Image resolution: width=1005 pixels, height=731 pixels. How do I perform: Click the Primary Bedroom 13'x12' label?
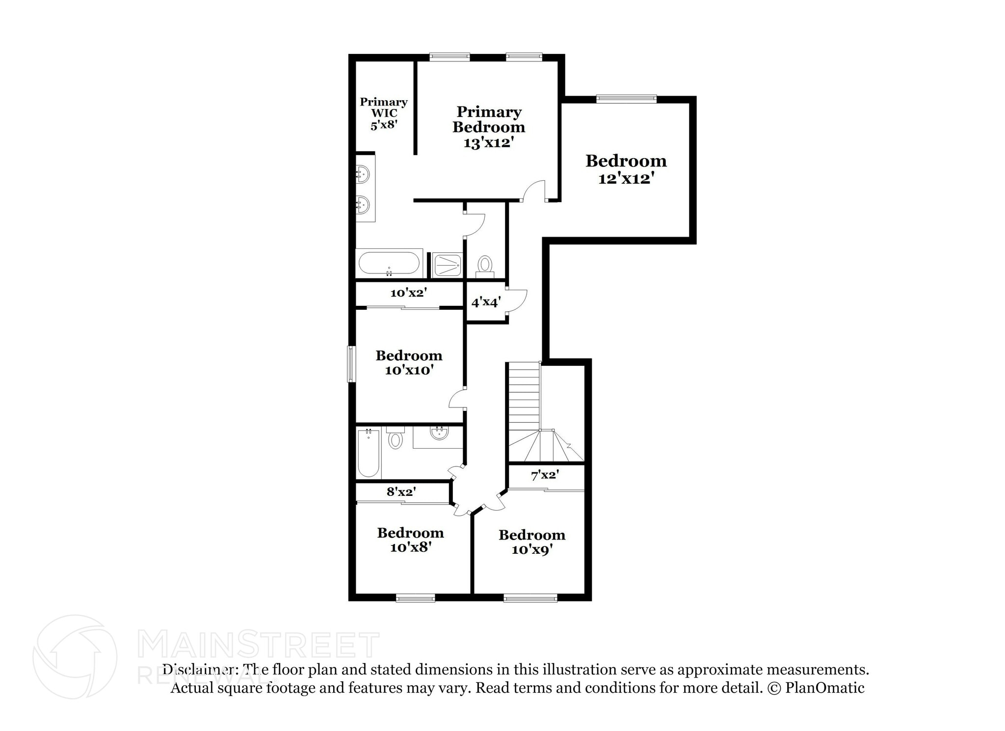(x=489, y=127)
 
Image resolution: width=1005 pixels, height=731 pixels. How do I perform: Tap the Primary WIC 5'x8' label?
(x=384, y=113)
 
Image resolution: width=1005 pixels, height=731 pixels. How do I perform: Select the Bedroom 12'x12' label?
(x=626, y=169)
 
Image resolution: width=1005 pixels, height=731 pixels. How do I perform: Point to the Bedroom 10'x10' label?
(x=409, y=362)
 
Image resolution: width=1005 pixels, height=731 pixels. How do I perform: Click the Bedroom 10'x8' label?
(x=411, y=540)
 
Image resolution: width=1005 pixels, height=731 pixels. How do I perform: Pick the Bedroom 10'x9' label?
(x=532, y=542)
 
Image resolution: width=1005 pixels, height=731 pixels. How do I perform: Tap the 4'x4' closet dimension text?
(x=486, y=302)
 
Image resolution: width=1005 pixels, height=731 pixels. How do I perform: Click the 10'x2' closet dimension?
(x=409, y=293)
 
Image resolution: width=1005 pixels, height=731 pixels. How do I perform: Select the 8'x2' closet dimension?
(x=401, y=491)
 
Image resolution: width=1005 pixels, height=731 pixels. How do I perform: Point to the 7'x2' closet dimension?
(x=545, y=475)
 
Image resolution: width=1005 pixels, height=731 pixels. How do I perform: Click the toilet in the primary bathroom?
(x=485, y=266)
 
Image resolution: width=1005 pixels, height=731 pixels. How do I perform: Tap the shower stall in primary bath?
(x=447, y=265)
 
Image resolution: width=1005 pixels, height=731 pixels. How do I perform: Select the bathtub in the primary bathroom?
(x=389, y=264)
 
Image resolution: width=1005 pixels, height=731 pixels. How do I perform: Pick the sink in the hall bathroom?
(x=439, y=433)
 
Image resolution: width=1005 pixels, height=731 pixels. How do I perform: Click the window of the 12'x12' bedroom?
(x=626, y=99)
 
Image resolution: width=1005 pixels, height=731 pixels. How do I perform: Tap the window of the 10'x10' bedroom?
(x=351, y=364)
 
